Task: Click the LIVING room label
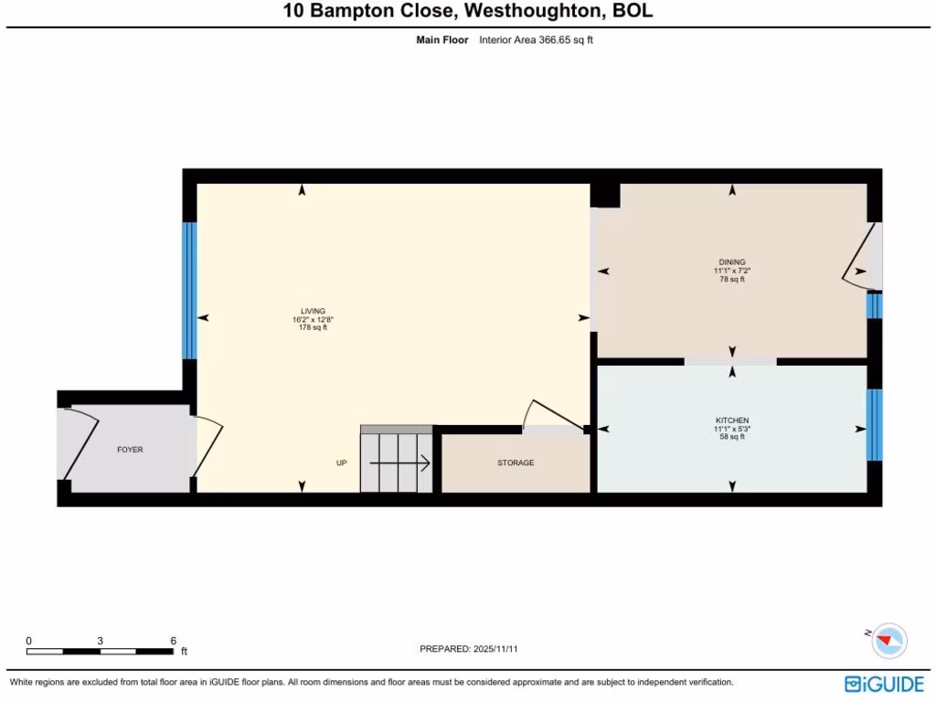pos(314,311)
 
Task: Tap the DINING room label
pos(732,262)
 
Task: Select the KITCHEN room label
pos(732,420)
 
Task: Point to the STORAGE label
pos(516,463)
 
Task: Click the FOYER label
pos(130,450)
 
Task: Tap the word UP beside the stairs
pos(342,463)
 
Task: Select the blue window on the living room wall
pos(189,290)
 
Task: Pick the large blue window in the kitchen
pos(874,424)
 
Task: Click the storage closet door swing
pos(552,417)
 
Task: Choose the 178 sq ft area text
pos(314,327)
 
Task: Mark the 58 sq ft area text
pos(732,437)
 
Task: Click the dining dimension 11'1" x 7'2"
pos(732,271)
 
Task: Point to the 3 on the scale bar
pos(100,640)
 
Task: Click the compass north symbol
pos(888,641)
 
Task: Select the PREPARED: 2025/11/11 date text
pos(469,649)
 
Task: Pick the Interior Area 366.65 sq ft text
pos(536,40)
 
